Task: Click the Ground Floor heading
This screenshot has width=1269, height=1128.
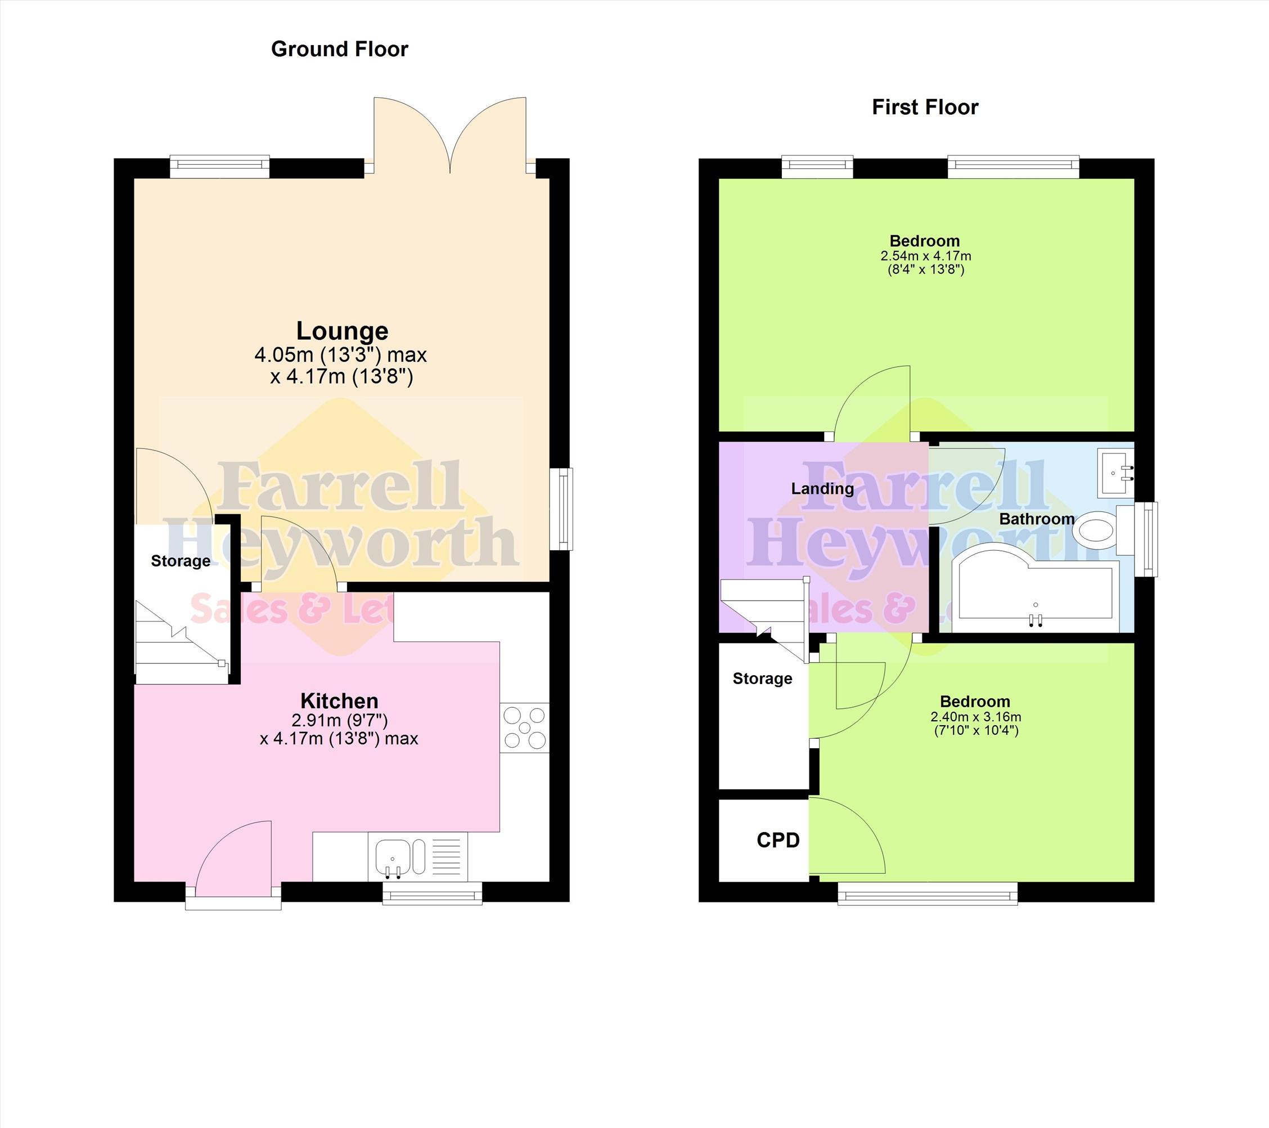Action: (340, 49)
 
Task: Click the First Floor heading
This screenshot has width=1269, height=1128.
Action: (925, 107)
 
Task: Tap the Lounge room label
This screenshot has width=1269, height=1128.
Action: (342, 331)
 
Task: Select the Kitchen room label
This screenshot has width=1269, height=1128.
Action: (340, 701)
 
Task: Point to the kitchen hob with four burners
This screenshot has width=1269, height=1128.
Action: (525, 727)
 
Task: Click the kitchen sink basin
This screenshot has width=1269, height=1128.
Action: (393, 857)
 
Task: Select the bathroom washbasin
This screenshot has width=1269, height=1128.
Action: (1115, 474)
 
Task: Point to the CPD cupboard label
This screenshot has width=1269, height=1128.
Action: (778, 840)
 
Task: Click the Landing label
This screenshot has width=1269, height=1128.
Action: (822, 488)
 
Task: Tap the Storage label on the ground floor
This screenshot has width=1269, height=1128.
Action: (181, 561)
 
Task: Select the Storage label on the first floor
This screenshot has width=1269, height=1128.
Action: (762, 678)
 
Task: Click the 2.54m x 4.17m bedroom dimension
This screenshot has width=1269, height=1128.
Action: (926, 256)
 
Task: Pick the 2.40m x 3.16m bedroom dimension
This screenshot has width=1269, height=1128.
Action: (976, 717)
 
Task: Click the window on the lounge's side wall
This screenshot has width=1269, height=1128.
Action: (562, 509)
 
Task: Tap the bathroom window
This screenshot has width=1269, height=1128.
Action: (1146, 539)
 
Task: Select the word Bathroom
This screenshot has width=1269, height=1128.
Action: (1037, 519)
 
